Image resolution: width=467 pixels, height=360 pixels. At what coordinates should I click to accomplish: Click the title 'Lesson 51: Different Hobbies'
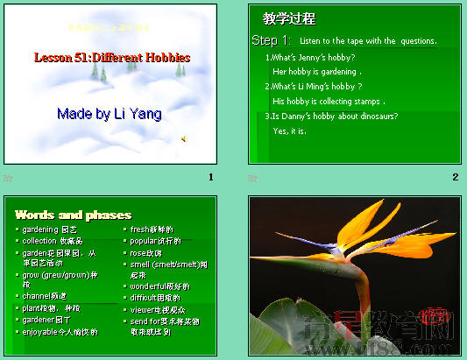pyautogui.click(x=111, y=58)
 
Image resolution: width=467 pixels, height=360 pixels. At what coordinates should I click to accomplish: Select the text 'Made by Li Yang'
pyautogui.click(x=110, y=114)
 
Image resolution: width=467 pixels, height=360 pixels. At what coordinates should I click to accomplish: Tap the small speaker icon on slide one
pyautogui.click(x=183, y=138)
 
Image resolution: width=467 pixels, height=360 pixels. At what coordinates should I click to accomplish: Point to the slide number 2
pyautogui.click(x=455, y=178)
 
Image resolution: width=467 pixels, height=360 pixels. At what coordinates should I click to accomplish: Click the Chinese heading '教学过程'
pyautogui.click(x=289, y=19)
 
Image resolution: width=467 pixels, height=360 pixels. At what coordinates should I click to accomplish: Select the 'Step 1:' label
pyautogui.click(x=271, y=41)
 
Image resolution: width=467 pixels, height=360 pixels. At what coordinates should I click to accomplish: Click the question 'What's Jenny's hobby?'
pyautogui.click(x=311, y=57)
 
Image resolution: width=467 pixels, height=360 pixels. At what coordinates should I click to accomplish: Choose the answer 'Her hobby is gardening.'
pyautogui.click(x=317, y=71)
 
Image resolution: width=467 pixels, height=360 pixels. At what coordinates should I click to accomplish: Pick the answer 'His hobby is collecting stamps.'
pyautogui.click(x=329, y=102)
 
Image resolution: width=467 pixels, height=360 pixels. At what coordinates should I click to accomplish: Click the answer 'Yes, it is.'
pyautogui.click(x=290, y=131)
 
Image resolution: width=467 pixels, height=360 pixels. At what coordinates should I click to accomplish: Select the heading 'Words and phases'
pyautogui.click(x=73, y=215)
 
